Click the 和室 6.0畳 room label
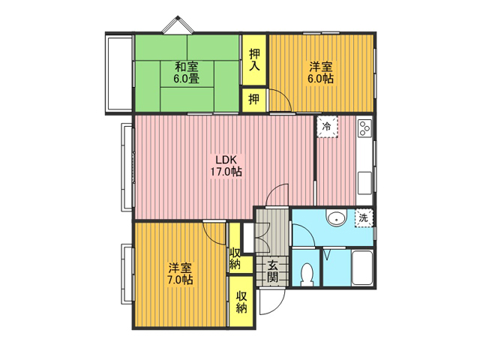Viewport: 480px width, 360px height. [x=187, y=72]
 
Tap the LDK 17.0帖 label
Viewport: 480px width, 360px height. [x=226, y=165]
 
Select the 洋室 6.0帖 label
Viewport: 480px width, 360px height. [x=320, y=72]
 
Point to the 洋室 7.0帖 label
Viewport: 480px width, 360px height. [x=180, y=274]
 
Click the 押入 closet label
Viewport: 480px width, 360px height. [x=254, y=59]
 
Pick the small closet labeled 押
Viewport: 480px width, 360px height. [x=253, y=99]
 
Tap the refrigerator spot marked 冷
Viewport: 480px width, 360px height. [x=327, y=127]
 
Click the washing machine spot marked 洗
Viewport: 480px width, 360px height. [x=364, y=218]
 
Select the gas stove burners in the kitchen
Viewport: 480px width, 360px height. [x=365, y=128]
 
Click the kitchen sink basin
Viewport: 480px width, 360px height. [x=364, y=183]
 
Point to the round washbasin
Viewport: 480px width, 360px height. [x=336, y=218]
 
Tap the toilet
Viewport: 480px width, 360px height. [x=307, y=273]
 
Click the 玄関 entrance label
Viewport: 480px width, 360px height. [x=272, y=271]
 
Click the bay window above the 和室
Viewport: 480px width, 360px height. [x=178, y=25]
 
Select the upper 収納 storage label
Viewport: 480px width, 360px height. [x=235, y=258]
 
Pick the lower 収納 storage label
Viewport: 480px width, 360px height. [x=241, y=302]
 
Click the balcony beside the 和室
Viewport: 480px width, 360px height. [x=118, y=73]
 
